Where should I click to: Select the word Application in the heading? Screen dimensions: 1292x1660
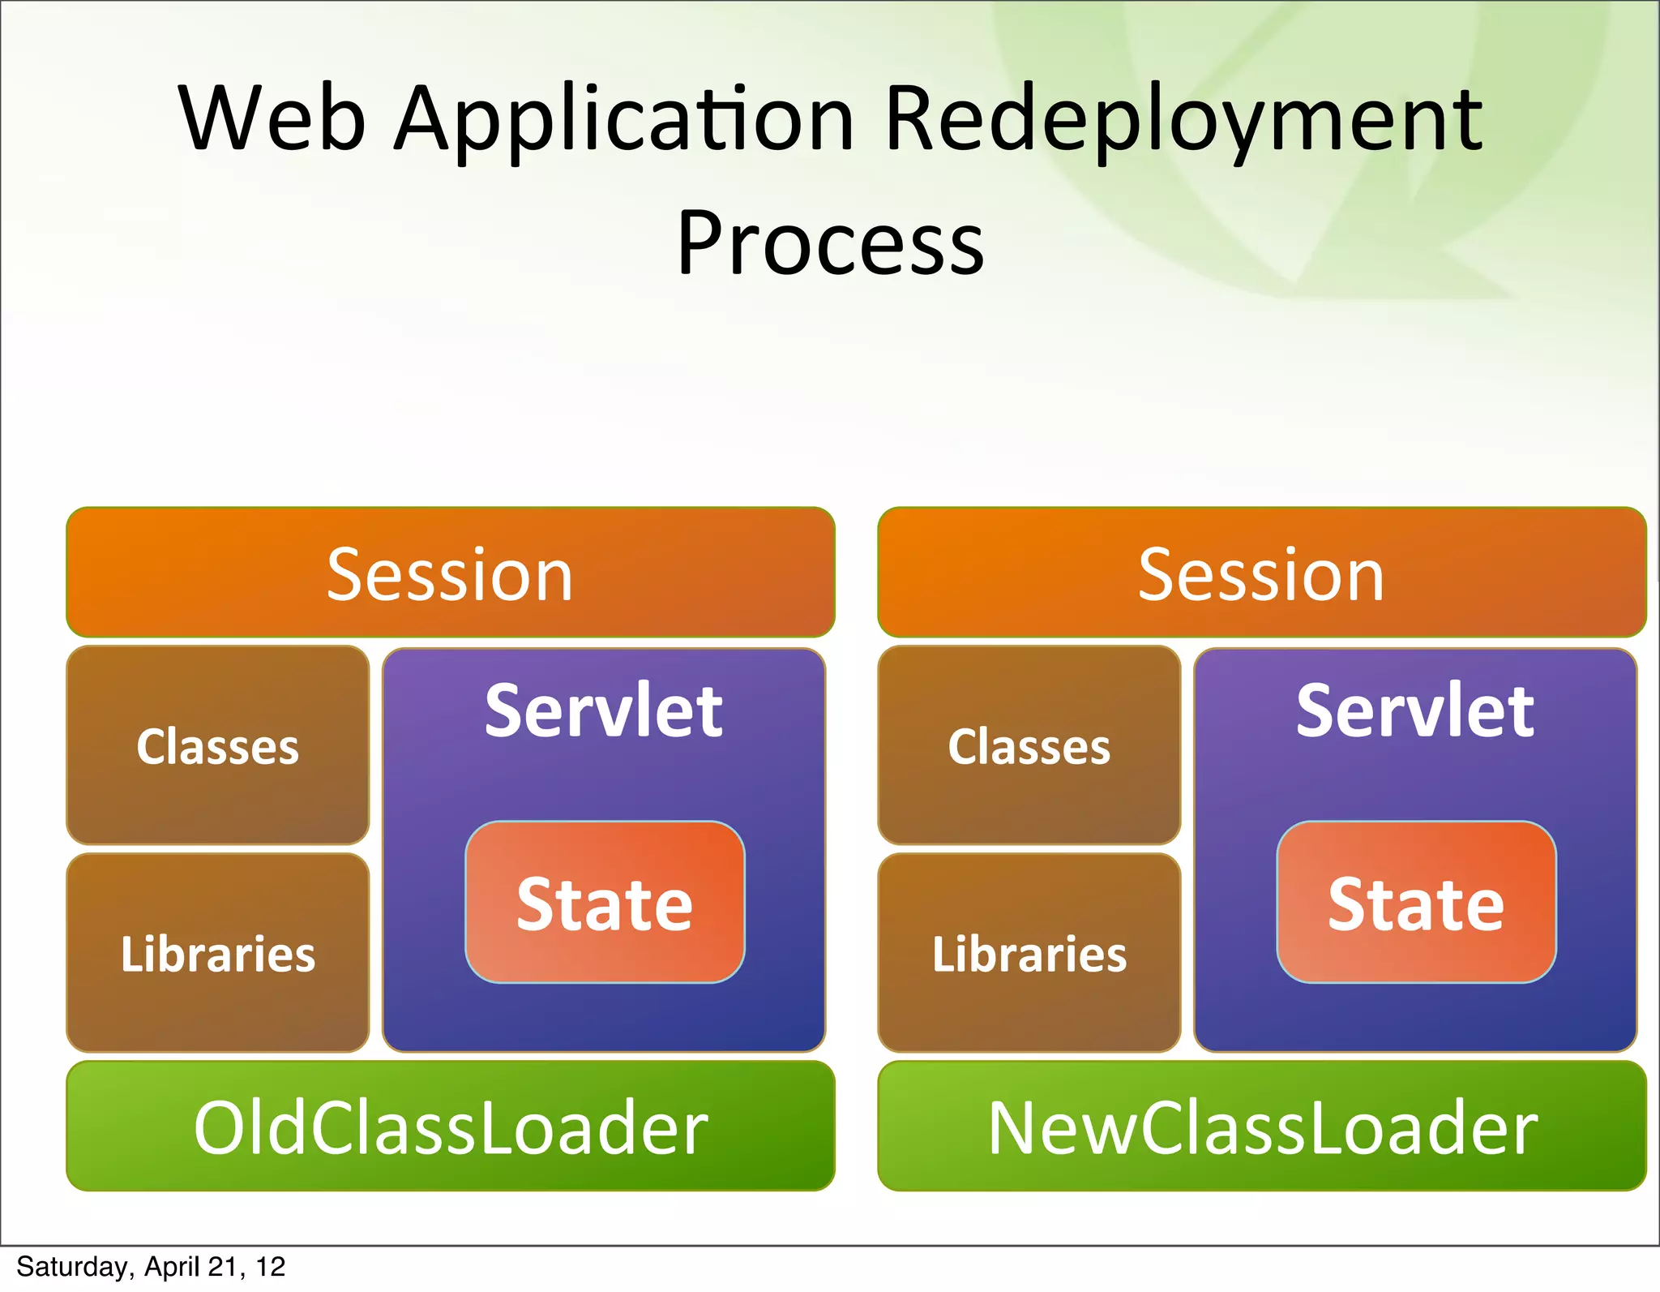coord(624,122)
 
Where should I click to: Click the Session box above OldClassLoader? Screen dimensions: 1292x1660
coord(450,573)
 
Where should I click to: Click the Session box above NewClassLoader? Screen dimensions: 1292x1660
coord(1261,573)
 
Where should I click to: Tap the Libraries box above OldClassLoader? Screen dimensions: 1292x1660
coord(217,953)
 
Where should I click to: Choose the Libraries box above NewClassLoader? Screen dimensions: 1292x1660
coord(1029,953)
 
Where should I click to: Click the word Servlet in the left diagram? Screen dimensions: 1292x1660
coord(603,711)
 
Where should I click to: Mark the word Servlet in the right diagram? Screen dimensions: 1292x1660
coord(1414,711)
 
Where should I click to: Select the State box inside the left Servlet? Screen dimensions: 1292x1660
coord(605,903)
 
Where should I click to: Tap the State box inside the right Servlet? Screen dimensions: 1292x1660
coord(1416,903)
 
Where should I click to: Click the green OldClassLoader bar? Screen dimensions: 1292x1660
coord(450,1127)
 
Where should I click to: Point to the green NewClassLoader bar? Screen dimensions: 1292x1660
coord(1261,1127)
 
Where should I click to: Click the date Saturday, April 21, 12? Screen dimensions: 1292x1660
coord(151,1267)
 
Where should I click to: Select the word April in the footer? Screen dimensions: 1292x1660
coord(172,1267)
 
